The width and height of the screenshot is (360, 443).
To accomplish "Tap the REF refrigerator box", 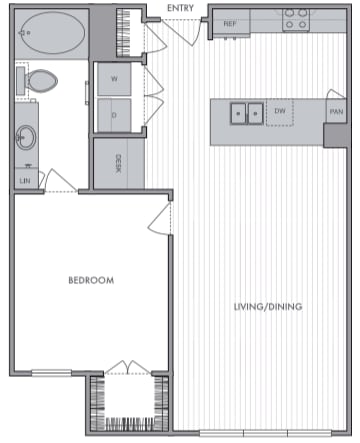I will click(x=229, y=23).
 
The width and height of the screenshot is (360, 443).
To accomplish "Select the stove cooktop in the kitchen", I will click(x=294, y=20).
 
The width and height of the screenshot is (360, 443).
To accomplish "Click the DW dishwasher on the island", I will click(x=280, y=112).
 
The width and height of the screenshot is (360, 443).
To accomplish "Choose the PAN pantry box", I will click(x=336, y=112).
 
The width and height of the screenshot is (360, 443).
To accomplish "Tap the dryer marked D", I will click(x=114, y=115).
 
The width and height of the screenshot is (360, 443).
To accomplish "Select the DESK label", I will click(x=119, y=162).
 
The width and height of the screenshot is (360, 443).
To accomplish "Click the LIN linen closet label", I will click(x=24, y=180).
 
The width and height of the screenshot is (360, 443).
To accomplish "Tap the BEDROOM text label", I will click(x=91, y=281).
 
